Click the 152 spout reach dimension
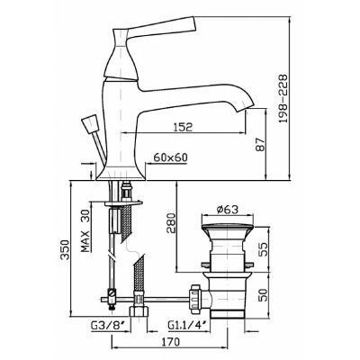coord(182,127)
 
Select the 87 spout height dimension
coord(261,145)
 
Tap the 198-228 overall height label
coord(283,99)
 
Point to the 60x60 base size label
coord(170,157)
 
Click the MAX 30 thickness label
coord(85,230)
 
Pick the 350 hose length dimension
coord(65,249)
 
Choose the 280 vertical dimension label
coord(170,223)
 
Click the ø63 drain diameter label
coord(227,209)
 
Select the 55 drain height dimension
coord(262,249)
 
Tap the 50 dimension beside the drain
coord(262,295)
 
